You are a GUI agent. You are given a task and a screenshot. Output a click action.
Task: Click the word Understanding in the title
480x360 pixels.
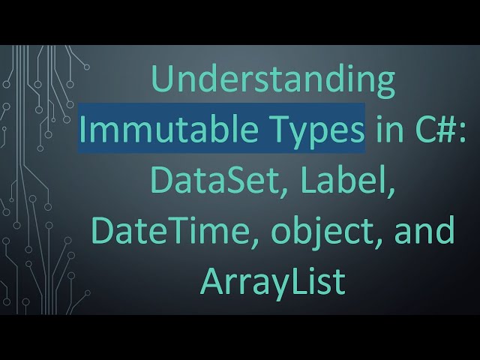coord(273,82)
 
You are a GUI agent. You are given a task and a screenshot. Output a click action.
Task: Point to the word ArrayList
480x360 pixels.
coord(273,281)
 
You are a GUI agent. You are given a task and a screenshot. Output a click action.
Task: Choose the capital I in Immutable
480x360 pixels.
coord(83,132)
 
